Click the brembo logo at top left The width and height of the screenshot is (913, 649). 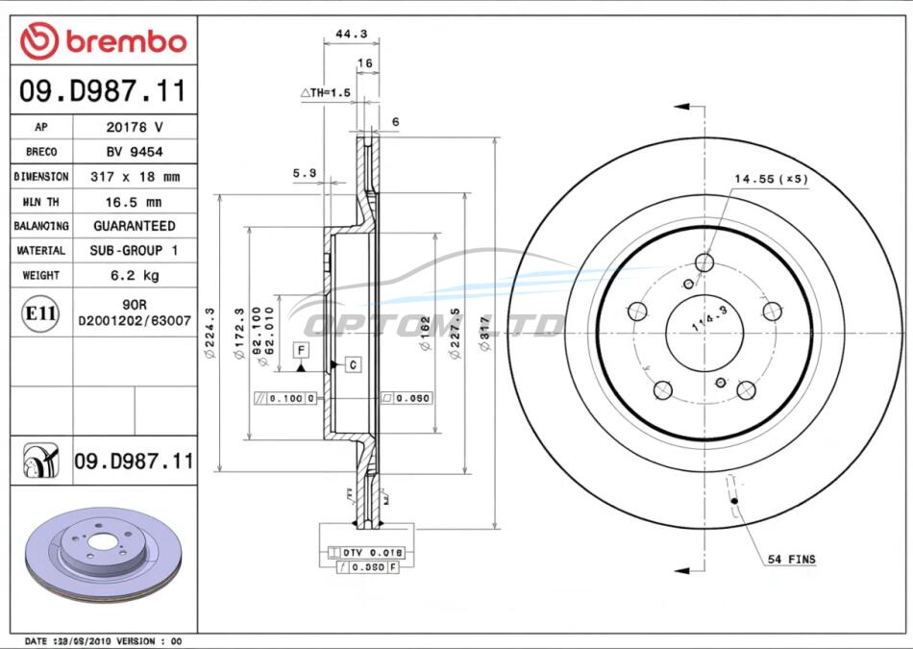coord(103,40)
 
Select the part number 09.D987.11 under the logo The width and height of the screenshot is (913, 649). coord(103,92)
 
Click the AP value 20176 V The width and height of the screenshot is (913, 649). coord(135,127)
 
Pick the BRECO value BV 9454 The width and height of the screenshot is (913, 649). coord(135,152)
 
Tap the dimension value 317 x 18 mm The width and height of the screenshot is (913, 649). coord(135,177)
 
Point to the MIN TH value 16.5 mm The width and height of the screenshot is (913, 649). coord(135,202)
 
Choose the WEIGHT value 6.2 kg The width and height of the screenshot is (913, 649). coord(135,276)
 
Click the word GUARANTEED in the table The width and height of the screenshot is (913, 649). coord(135,226)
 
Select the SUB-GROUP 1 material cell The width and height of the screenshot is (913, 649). coord(135,251)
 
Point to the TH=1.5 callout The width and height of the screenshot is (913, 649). coord(327,92)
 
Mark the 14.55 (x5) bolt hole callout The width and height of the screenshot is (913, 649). coord(771,179)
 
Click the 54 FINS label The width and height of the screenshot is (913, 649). coord(791,559)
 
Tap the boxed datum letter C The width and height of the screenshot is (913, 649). coord(353,364)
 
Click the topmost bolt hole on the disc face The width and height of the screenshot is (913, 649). coord(704,263)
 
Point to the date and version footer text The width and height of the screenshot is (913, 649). coord(103,640)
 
